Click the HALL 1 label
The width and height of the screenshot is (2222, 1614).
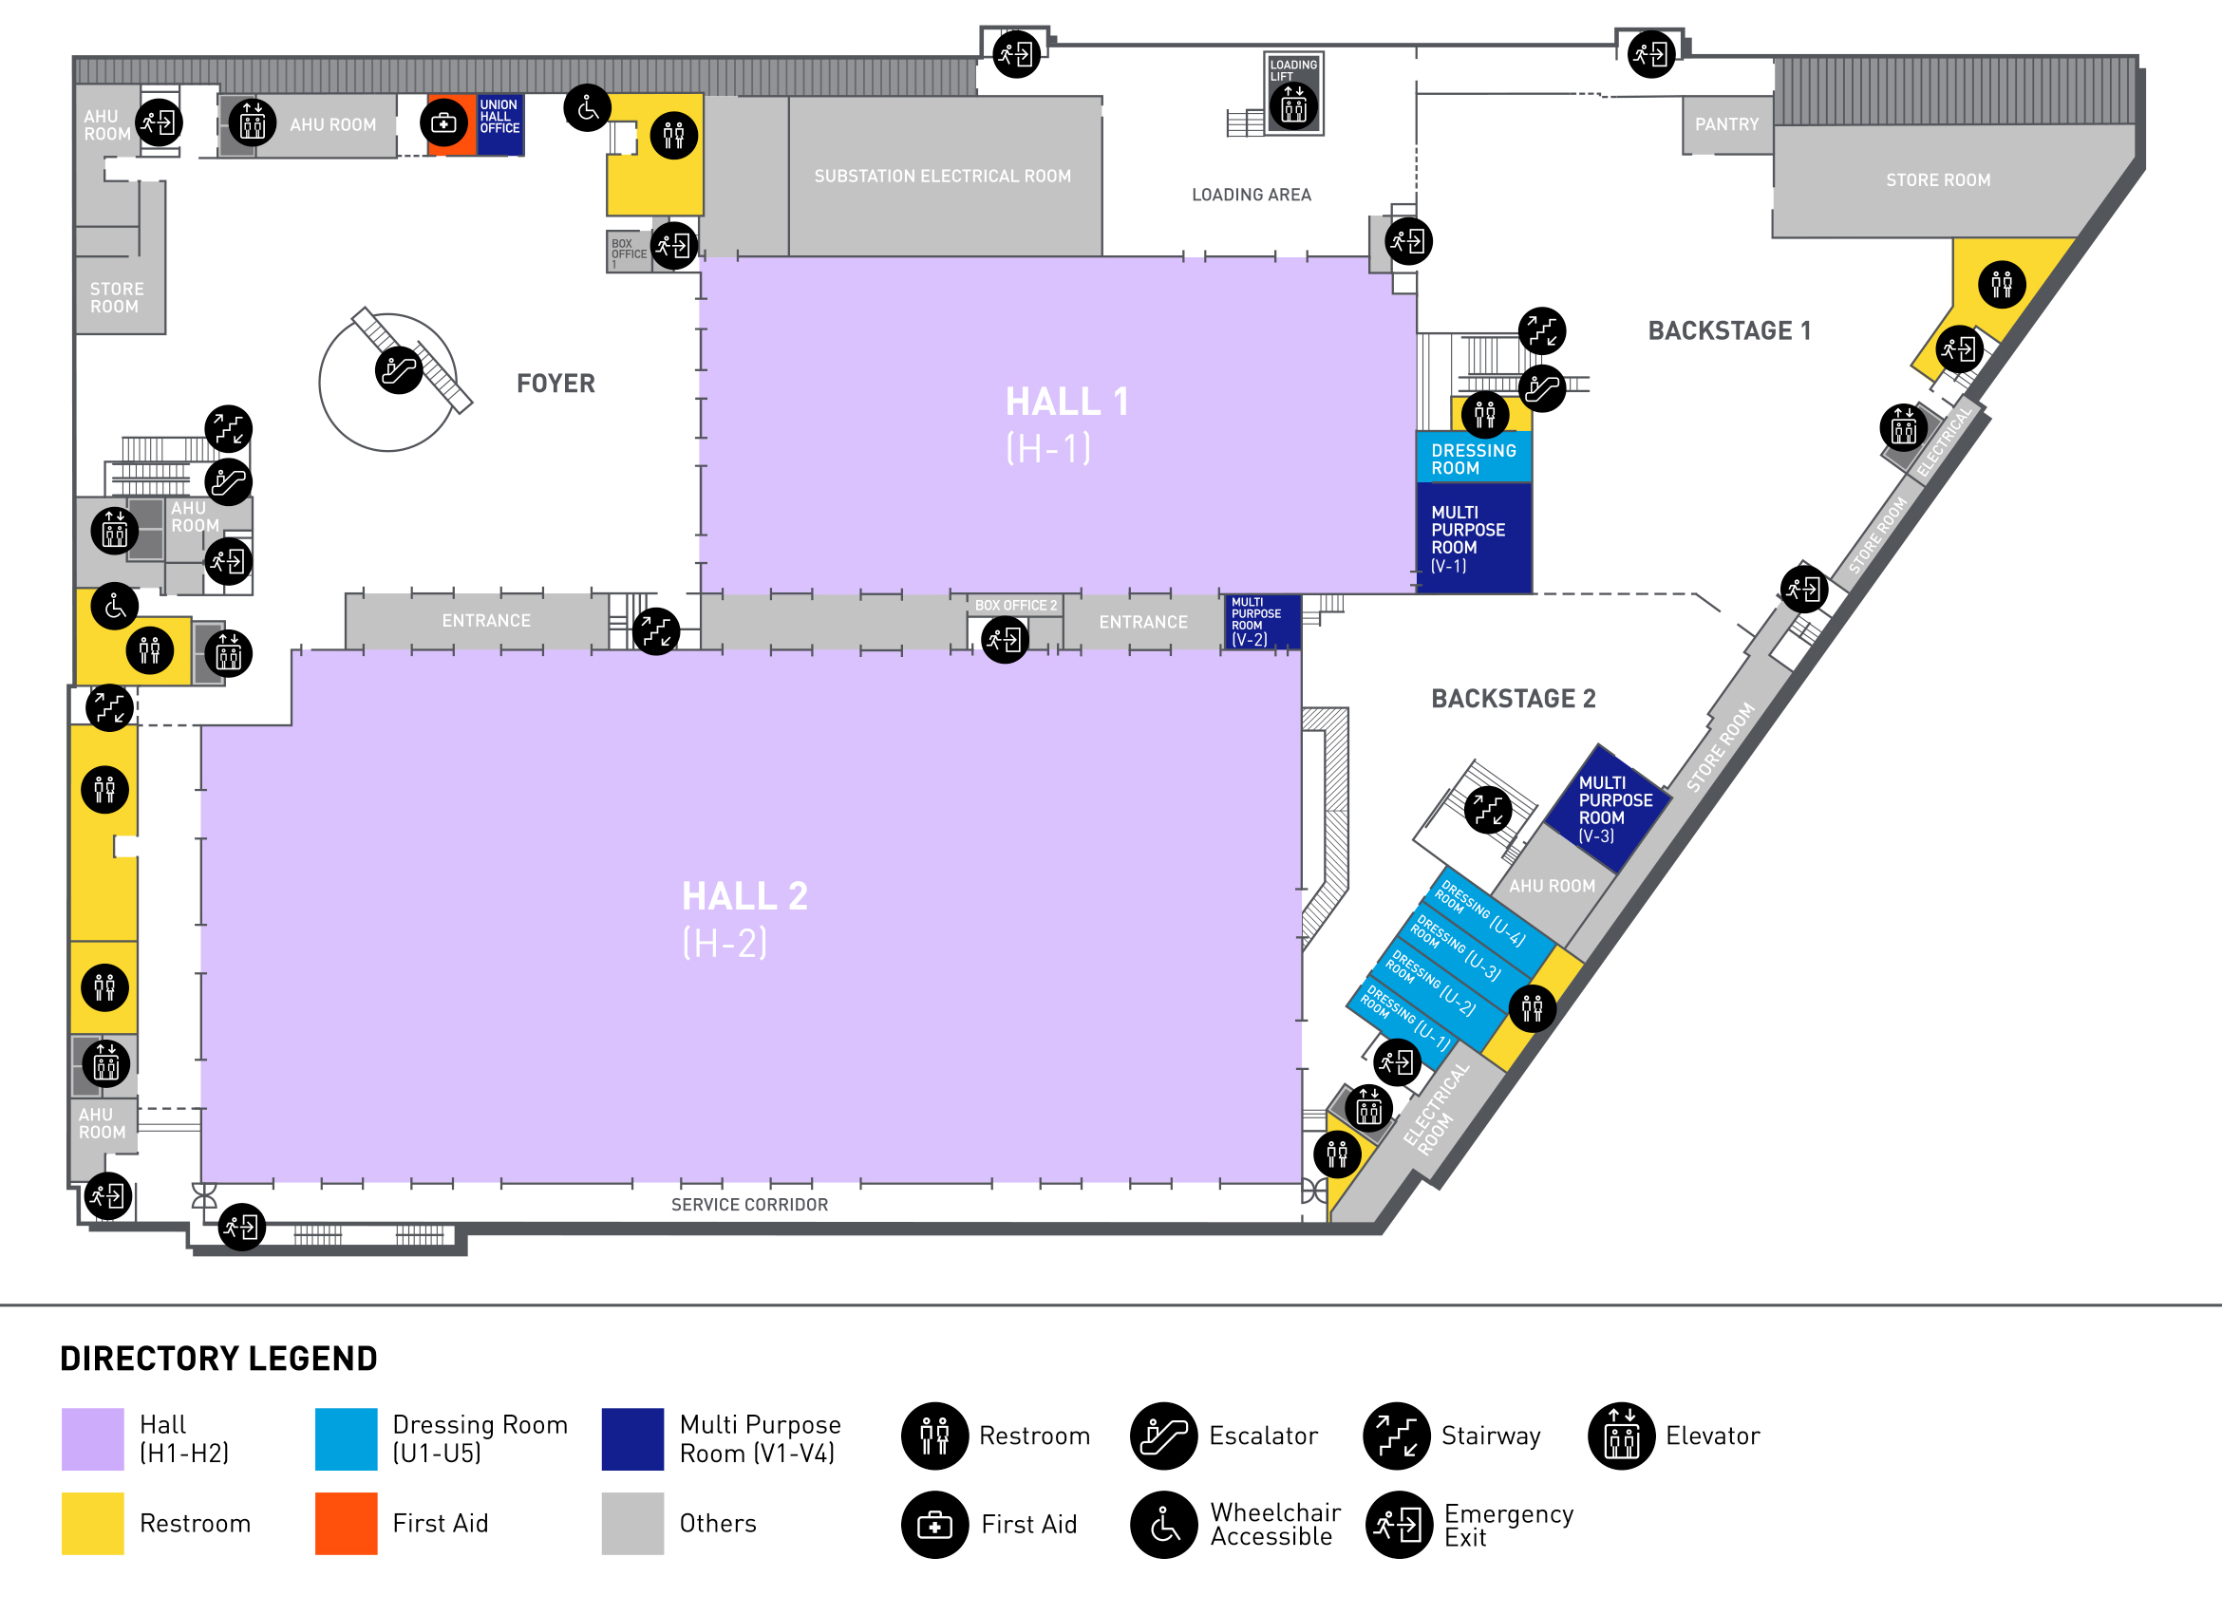click(1067, 402)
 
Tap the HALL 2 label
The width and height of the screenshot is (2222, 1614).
click(744, 896)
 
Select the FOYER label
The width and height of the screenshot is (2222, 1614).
click(555, 383)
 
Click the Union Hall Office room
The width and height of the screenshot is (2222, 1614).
click(499, 124)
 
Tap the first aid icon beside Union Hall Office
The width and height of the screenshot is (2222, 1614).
click(444, 123)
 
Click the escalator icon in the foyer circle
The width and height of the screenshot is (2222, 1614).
click(399, 370)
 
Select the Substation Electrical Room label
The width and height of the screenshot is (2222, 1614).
click(943, 177)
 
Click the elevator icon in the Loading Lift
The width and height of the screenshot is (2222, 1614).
click(1293, 105)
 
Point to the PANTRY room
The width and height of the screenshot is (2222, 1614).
click(1727, 124)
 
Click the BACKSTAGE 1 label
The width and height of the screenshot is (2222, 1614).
click(1729, 330)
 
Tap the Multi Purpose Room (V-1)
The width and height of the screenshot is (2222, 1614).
click(1475, 537)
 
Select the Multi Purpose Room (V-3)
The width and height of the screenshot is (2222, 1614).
click(1607, 808)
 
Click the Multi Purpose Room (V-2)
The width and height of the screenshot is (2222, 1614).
click(1262, 622)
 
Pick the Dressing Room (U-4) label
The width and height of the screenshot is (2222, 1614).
click(1480, 910)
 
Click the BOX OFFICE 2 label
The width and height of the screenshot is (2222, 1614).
click(1016, 606)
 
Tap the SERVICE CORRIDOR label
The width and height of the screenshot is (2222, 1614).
click(749, 1205)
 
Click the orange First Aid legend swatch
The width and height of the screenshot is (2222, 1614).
click(346, 1523)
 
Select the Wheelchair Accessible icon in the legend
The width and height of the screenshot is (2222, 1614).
click(1164, 1525)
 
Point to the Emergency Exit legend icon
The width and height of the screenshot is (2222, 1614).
click(1398, 1525)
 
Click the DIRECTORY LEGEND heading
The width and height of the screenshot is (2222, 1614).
click(218, 1359)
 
